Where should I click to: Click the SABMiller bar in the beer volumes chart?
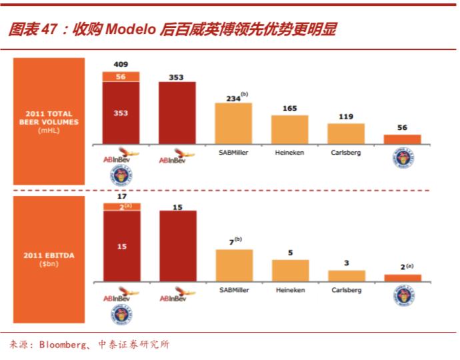(x=233, y=123)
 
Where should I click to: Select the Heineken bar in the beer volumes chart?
(x=289, y=129)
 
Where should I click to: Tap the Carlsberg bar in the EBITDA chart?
(x=347, y=275)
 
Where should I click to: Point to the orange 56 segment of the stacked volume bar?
(x=121, y=77)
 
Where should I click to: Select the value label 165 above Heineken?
(x=289, y=108)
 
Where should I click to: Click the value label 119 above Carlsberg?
(x=346, y=116)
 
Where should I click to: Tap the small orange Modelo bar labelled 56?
(x=402, y=139)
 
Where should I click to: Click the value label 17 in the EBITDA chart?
(x=121, y=197)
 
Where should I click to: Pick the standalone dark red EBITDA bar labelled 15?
(x=177, y=246)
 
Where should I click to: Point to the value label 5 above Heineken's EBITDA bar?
(x=290, y=253)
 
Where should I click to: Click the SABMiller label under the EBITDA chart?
(x=233, y=290)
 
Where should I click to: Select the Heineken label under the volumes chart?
(x=289, y=153)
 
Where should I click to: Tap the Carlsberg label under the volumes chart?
(x=346, y=153)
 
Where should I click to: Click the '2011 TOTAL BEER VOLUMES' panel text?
(x=49, y=118)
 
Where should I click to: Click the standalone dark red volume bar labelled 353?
(x=177, y=113)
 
